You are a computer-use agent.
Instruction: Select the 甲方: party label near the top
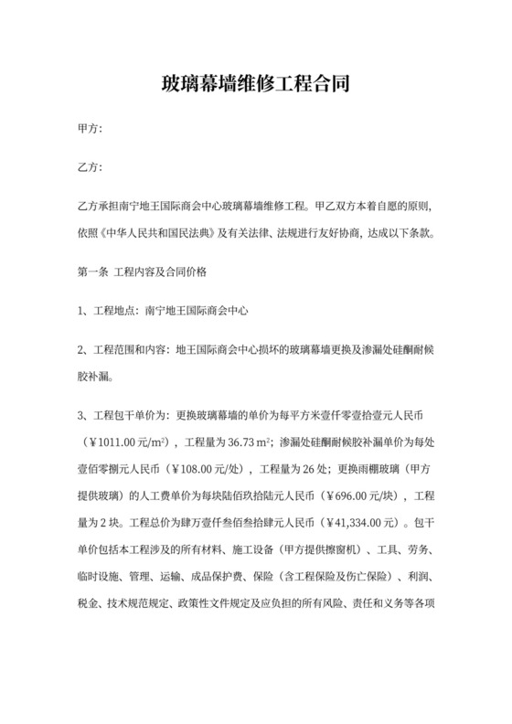pos(91,132)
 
